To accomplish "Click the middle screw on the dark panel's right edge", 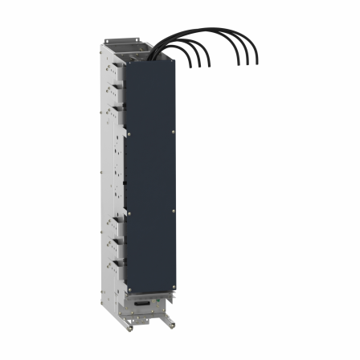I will click(x=174, y=211).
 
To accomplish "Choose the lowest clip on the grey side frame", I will click(x=118, y=261).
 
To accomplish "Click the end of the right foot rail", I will click(x=172, y=329).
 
